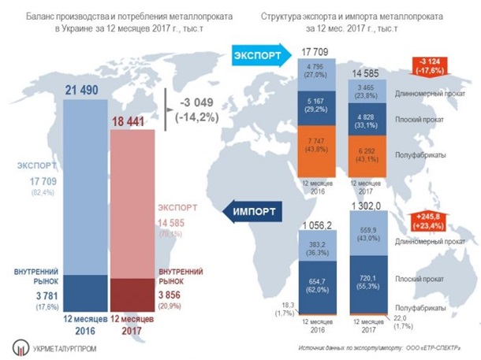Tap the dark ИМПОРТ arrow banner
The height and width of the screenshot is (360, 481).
pyautogui.click(x=258, y=210)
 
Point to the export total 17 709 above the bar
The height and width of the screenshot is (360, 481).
pyautogui.click(x=314, y=51)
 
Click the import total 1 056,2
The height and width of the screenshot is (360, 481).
pyautogui.click(x=314, y=225)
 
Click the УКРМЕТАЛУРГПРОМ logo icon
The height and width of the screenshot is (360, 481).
pyautogui.click(x=20, y=342)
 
